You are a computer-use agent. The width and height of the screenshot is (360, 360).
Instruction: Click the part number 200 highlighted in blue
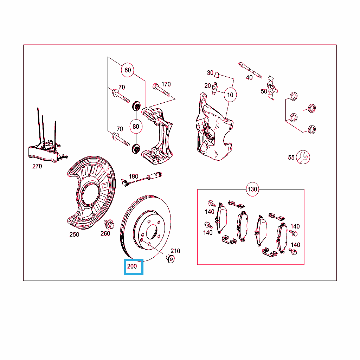pyautogui.click(x=132, y=266)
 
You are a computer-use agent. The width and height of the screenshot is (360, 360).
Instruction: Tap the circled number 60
pyautogui.click(x=128, y=70)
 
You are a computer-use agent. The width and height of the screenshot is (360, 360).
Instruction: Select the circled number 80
pyautogui.click(x=136, y=127)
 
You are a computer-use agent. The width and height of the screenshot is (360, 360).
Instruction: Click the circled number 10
pyautogui.click(x=230, y=95)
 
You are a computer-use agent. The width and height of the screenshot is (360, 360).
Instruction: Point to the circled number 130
pyautogui.click(x=252, y=189)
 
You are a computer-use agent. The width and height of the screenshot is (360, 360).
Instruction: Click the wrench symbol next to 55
pyautogui.click(x=303, y=157)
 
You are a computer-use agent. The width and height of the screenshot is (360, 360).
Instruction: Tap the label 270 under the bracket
pyautogui.click(x=37, y=166)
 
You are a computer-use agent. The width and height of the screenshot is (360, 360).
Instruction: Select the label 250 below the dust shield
pyautogui.click(x=74, y=234)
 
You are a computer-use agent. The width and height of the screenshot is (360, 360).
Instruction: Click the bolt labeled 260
pyautogui.click(x=109, y=224)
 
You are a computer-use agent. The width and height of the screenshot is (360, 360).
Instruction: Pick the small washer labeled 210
pyautogui.click(x=170, y=259)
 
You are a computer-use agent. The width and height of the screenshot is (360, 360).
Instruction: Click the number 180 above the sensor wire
pyautogui.click(x=133, y=176)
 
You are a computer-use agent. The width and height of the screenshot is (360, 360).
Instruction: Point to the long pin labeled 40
pyautogui.click(x=250, y=70)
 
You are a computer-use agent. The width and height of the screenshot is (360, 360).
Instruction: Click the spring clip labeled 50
pyautogui.click(x=272, y=88)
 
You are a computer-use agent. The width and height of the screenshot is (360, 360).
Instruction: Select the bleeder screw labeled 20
pyautogui.click(x=215, y=89)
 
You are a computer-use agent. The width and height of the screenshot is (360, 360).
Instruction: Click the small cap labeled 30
pyautogui.click(x=217, y=75)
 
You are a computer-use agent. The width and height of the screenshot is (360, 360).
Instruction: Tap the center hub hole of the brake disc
pyautogui.click(x=151, y=232)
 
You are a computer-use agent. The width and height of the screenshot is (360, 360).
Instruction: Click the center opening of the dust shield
pyautogui.click(x=90, y=194)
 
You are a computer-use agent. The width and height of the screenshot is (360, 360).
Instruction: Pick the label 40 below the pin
pyautogui.click(x=249, y=78)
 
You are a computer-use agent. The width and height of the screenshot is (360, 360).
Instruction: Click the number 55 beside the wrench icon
pyautogui.click(x=291, y=157)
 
